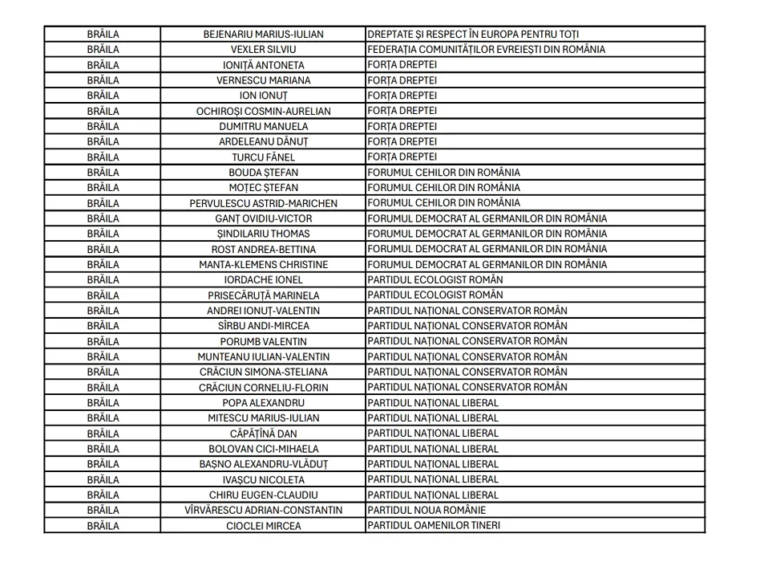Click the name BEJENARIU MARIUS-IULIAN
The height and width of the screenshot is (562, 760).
pos(263,35)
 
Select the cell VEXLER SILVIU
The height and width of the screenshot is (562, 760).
pos(263,50)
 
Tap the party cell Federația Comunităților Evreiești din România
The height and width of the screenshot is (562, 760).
pos(486,50)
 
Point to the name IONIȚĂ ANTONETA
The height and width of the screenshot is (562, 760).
pos(263,65)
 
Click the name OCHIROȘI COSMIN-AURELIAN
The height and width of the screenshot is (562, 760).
pos(263,111)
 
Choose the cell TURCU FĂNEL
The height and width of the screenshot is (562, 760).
pos(263,157)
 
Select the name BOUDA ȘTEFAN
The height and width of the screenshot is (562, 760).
pos(263,173)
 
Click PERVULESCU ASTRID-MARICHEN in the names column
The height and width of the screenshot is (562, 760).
pos(263,203)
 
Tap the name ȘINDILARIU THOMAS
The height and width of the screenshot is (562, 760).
pos(263,234)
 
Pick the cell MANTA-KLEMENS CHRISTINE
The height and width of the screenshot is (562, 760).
pos(263,264)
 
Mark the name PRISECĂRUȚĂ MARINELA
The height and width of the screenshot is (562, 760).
pos(263,295)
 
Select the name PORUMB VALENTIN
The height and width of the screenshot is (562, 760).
pos(263,341)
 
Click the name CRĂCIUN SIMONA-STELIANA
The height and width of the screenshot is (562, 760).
pos(263,373)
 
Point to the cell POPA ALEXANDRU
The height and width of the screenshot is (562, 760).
pos(263,403)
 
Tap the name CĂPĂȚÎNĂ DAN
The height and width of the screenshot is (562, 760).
pos(263,434)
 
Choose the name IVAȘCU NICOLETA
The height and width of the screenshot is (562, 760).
pos(263,480)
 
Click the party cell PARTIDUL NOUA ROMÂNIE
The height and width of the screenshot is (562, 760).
pos(426,511)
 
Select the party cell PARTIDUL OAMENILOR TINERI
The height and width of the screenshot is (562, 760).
pos(434,526)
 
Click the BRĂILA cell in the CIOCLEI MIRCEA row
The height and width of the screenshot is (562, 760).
pos(103,526)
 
